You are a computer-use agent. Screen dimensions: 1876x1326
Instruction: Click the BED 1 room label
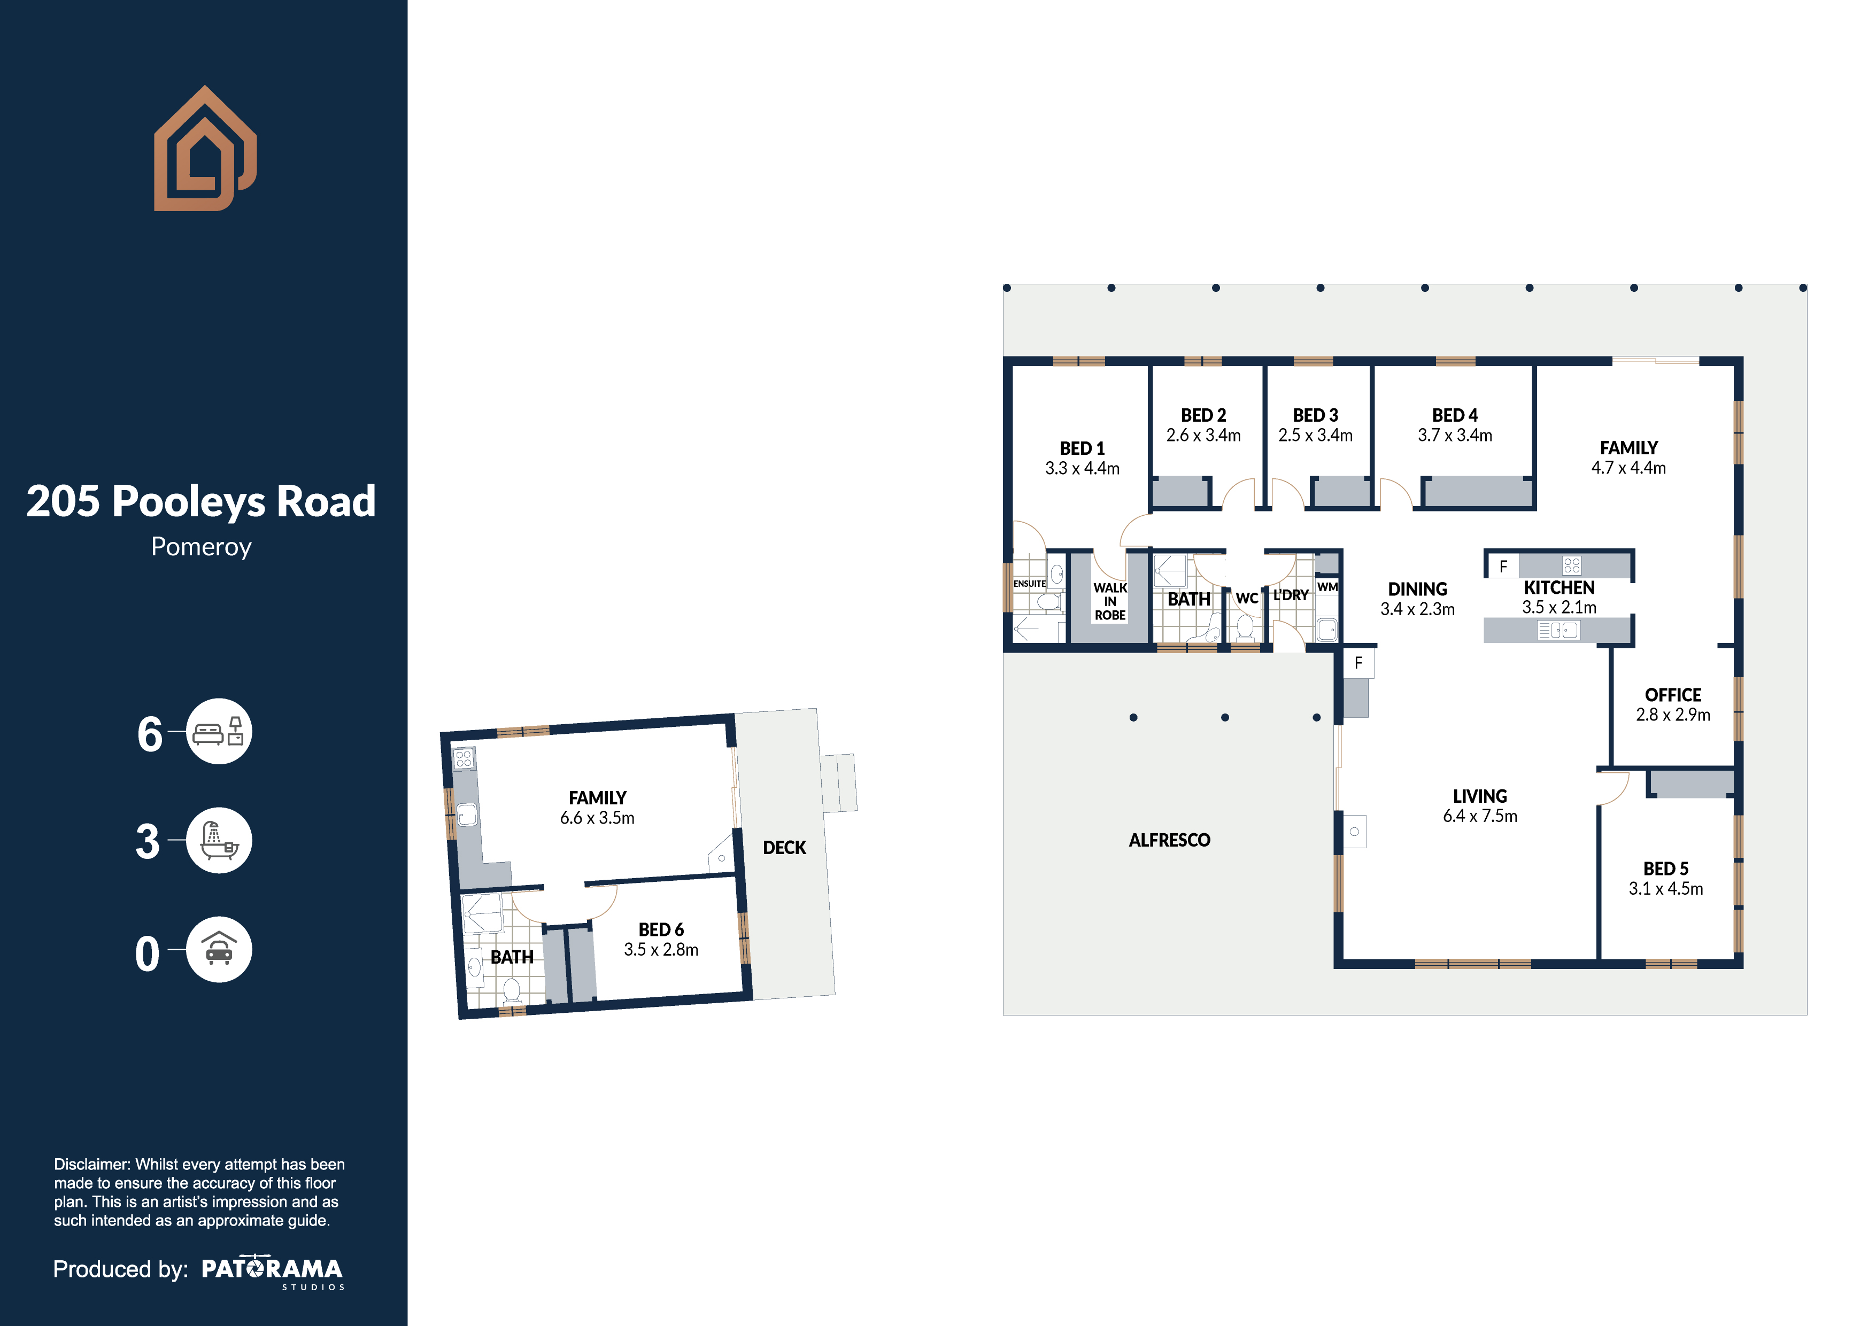click(1082, 448)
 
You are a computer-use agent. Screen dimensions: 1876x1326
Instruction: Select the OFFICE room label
click(1672, 695)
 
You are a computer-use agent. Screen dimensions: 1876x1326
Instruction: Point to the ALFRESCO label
click(1169, 840)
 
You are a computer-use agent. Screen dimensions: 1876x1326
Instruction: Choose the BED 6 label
click(661, 930)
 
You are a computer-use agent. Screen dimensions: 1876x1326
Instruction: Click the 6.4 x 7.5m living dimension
click(1480, 816)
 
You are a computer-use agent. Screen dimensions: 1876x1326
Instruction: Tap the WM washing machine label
click(1328, 587)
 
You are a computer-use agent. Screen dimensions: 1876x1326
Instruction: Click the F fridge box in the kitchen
click(1503, 565)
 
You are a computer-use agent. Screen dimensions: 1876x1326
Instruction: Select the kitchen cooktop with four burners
click(1571, 565)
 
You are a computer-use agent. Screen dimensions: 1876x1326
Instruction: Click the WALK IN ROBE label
click(1109, 601)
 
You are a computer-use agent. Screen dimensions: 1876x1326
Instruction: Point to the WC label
click(1246, 598)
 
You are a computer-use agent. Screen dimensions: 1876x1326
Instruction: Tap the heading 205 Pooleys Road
click(201, 501)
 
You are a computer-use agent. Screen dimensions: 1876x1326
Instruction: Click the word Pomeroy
click(201, 547)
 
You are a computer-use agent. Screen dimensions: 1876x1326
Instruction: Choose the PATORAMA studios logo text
click(272, 1272)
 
